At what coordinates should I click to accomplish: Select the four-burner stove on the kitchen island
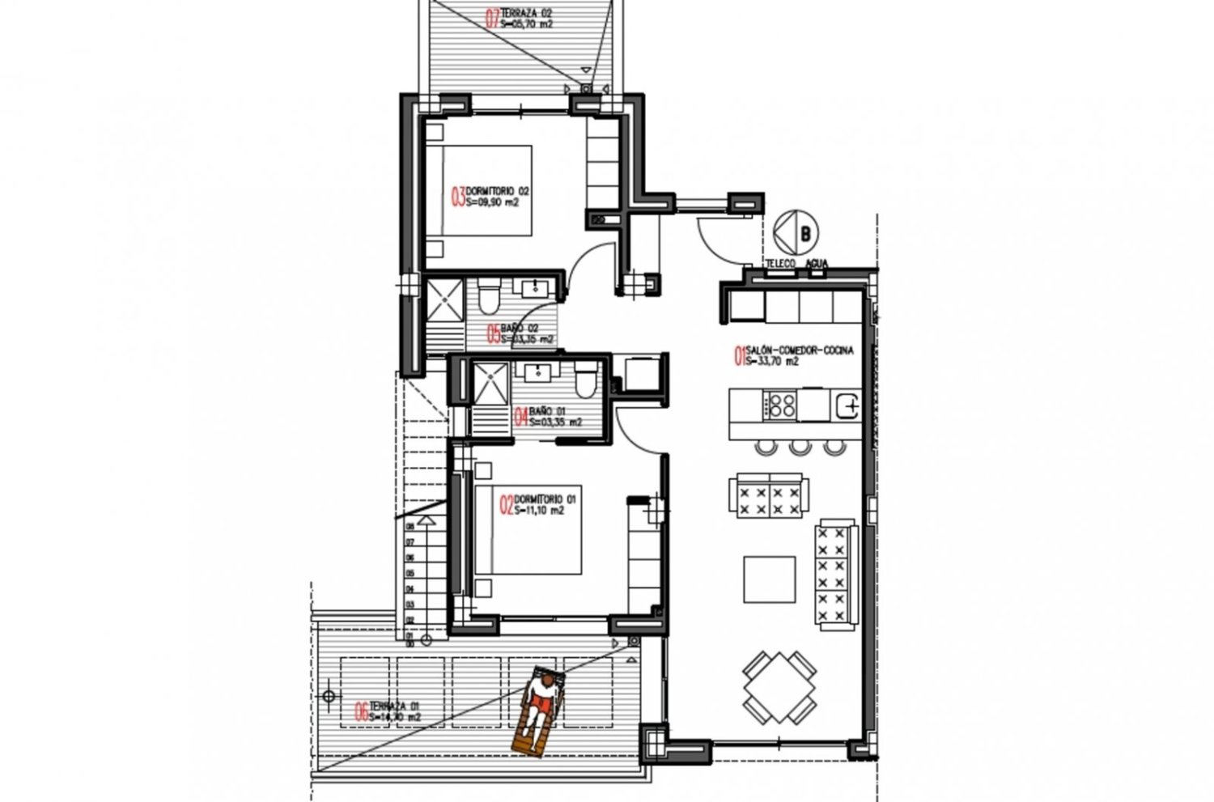pyautogui.click(x=780, y=404)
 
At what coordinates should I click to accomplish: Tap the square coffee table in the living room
pyautogui.click(x=769, y=579)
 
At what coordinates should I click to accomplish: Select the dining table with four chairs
pyautogui.click(x=777, y=687)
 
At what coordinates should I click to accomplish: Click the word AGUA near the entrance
pyautogui.click(x=816, y=264)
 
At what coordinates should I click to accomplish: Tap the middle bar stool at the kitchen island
pyautogui.click(x=800, y=446)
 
